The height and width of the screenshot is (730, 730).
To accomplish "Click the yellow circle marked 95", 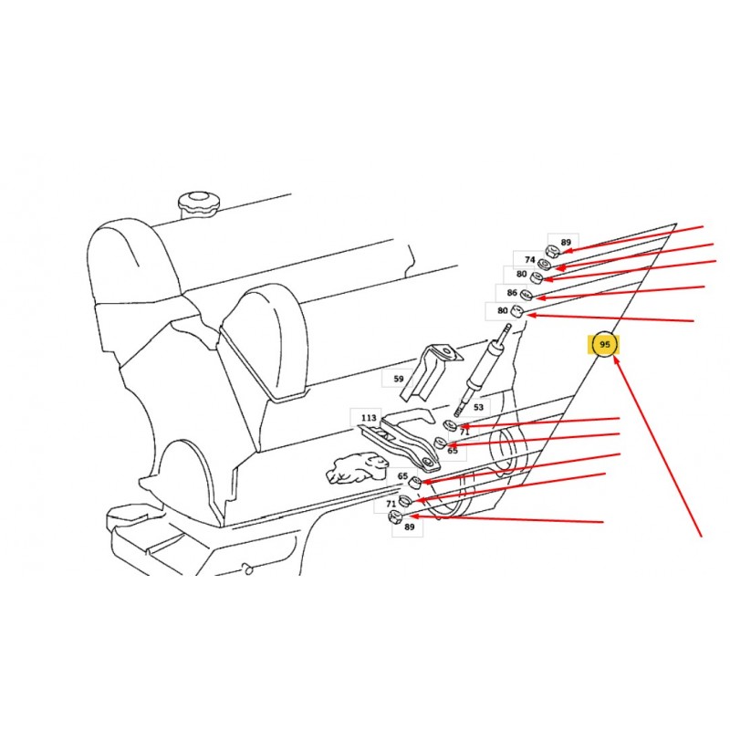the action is point(604,345).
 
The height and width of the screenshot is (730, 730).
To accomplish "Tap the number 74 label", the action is point(530,260).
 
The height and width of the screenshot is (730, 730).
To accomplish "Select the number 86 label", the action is point(512,293).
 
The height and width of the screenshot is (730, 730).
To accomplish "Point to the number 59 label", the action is point(399,379).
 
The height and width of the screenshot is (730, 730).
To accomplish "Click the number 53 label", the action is point(478,407).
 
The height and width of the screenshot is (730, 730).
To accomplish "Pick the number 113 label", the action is point(369,418).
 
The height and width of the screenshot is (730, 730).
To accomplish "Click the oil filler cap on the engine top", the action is point(198,203).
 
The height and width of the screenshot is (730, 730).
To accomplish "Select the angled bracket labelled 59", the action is point(431,371).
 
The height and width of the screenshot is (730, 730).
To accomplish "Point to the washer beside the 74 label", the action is point(544,265).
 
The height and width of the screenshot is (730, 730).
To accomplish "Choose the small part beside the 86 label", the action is point(527,295).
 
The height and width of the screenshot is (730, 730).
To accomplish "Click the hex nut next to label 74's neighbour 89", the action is point(552,253).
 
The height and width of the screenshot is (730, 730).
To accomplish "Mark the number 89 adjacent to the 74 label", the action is point(566,242).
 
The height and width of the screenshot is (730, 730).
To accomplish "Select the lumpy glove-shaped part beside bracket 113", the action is point(357,468).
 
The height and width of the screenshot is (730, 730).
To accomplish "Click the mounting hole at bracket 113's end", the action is point(427,463).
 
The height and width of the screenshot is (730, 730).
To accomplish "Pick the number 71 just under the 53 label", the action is point(464,432).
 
